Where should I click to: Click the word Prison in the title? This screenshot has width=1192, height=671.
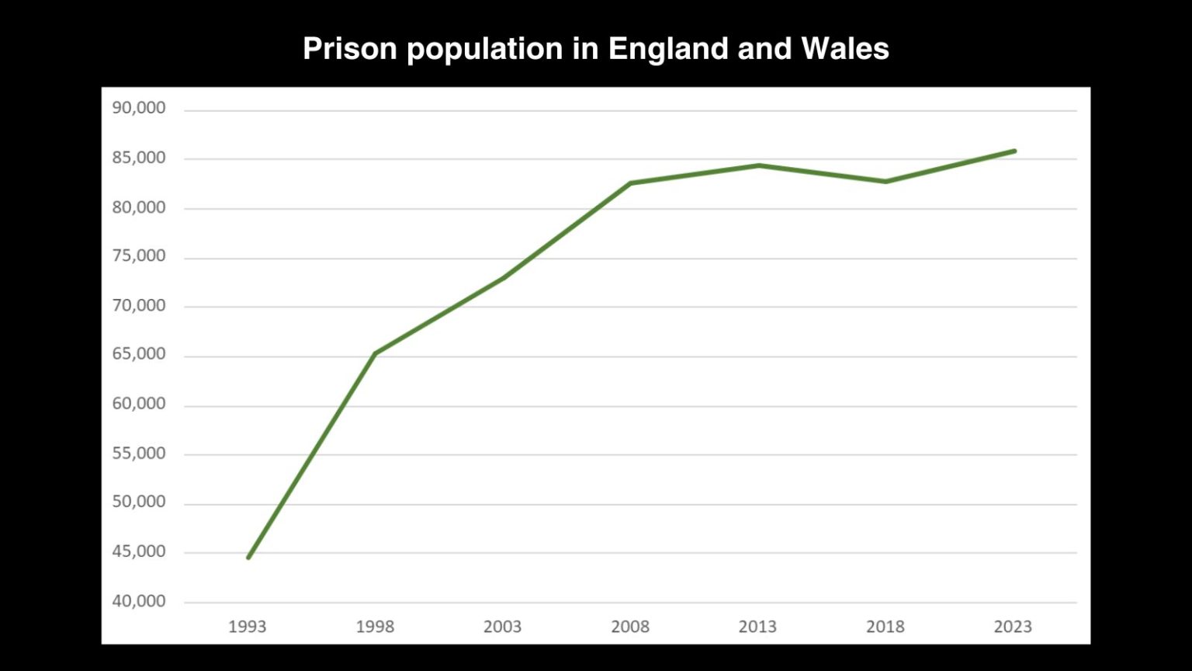coord(350,49)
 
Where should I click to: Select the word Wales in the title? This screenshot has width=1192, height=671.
coord(844,49)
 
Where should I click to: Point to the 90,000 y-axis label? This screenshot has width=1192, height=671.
coord(139,108)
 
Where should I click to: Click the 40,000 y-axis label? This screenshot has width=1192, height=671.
coord(139,601)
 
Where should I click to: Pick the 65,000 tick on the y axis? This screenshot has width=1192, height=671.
coord(139,354)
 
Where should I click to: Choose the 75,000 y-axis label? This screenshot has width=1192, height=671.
coord(139,256)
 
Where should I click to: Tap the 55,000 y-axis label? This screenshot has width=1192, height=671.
coord(139,453)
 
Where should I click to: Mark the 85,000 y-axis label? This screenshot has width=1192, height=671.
coord(139,158)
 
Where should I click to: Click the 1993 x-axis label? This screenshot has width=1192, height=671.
coord(247,627)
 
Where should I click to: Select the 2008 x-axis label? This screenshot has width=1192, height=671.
coord(630,627)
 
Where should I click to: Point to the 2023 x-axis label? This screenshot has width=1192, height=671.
coord(1013,627)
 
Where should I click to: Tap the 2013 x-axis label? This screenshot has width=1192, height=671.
coord(757,627)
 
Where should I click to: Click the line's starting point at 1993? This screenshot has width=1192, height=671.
coord(248,558)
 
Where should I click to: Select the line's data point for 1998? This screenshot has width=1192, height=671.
coord(375,353)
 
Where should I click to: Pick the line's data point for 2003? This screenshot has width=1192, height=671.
coord(503,277)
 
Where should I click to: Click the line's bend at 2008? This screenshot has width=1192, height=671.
coord(630,183)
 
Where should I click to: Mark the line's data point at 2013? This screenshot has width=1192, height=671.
coord(758,165)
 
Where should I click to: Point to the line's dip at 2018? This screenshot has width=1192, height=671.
coord(885,182)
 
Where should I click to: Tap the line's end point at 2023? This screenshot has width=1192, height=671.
coord(1014,151)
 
